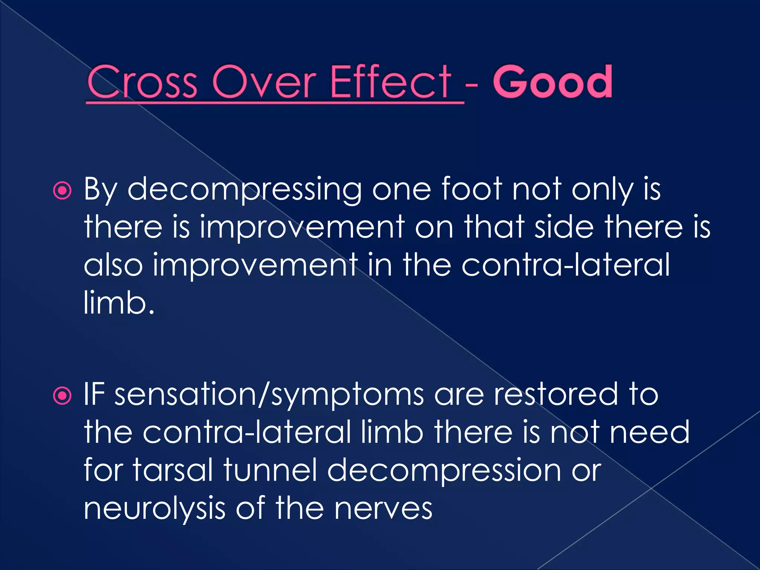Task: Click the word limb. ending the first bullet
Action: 119,302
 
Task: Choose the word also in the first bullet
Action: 113,264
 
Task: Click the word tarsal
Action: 173,470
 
